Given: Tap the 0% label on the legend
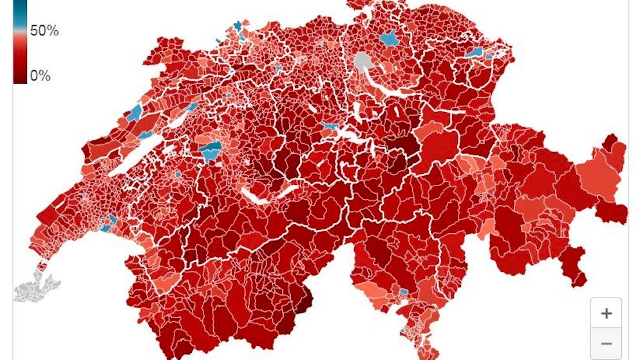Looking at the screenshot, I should point(40,75).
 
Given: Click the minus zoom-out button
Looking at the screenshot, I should point(606,343).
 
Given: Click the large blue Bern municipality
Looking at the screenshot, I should point(211,152).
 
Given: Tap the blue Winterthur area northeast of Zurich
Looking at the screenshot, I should point(388,39).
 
